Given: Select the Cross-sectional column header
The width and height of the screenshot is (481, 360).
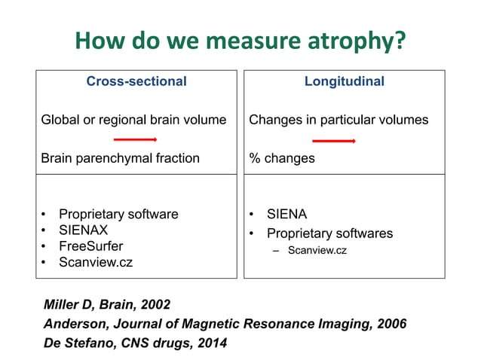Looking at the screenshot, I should pyautogui.click(x=136, y=81).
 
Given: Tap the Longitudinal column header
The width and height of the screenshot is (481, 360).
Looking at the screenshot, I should pyautogui.click(x=344, y=81).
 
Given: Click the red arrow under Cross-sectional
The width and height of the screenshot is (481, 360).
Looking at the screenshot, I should pyautogui.click(x=135, y=139).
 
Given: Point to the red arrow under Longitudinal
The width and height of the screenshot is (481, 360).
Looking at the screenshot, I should pyautogui.click(x=333, y=140).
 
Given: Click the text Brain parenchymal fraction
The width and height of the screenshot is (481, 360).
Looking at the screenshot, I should pyautogui.click(x=120, y=158).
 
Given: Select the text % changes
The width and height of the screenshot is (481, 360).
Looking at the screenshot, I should pyautogui.click(x=282, y=158).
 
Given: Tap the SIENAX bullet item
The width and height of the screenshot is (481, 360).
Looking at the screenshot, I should pyautogui.click(x=83, y=230).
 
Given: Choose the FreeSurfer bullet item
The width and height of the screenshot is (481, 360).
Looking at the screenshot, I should pyautogui.click(x=90, y=246).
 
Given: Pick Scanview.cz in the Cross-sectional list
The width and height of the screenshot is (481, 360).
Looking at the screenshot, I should pyautogui.click(x=95, y=263).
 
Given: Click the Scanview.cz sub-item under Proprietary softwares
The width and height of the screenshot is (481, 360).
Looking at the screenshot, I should pyautogui.click(x=317, y=250).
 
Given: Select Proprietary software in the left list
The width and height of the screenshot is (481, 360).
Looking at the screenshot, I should pyautogui.click(x=118, y=214).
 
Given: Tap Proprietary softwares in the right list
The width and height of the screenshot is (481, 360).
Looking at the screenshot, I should pyautogui.click(x=329, y=233).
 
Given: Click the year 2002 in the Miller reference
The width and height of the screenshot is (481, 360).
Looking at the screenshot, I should pyautogui.click(x=154, y=305).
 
